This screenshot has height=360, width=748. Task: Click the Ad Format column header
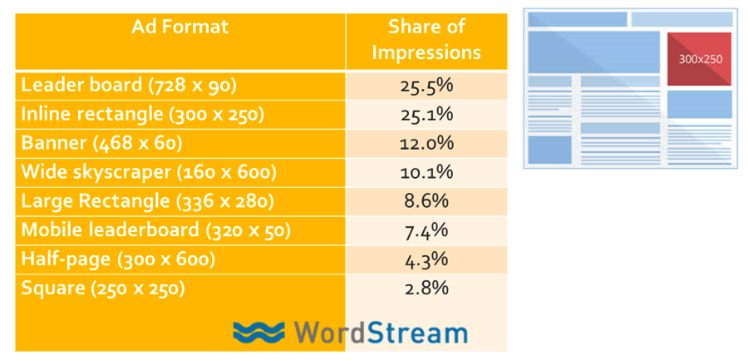point(180,27)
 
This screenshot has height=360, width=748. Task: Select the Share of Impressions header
point(426,40)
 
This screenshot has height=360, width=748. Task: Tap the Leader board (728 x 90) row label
point(129,86)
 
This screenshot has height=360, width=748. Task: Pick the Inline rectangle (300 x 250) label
point(142,115)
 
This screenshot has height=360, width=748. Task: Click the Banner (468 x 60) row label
point(101,144)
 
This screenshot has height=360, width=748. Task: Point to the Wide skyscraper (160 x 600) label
point(149,172)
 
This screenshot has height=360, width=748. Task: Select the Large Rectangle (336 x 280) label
point(147,201)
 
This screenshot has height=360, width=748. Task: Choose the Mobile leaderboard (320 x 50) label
point(155,230)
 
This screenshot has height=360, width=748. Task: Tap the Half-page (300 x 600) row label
point(118,259)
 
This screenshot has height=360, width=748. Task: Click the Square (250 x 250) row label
point(102,288)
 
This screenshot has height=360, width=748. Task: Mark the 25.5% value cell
point(426,86)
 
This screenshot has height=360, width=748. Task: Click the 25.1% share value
point(426,115)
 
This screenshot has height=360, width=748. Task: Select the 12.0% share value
point(426,144)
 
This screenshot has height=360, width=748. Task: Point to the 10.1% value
point(426,172)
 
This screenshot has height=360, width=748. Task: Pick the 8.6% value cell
point(426,201)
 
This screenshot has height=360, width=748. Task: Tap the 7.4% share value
point(426,230)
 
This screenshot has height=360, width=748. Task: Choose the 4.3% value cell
point(426,259)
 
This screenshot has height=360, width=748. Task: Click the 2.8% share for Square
point(426,288)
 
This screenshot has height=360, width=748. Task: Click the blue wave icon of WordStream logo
point(259,333)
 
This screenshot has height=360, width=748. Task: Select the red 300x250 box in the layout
point(699,59)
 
